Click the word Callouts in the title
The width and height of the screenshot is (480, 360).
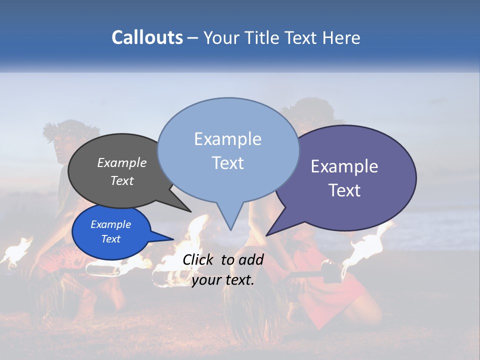tap(147, 37)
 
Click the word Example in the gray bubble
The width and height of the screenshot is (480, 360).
tap(121, 162)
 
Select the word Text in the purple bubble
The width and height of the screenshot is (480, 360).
tap(344, 190)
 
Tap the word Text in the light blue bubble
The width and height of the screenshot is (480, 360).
tap(228, 163)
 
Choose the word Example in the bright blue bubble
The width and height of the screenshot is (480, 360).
tap(110, 224)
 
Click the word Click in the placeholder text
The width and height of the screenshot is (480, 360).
tap(199, 259)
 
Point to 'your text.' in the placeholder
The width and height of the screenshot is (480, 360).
tap(223, 280)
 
